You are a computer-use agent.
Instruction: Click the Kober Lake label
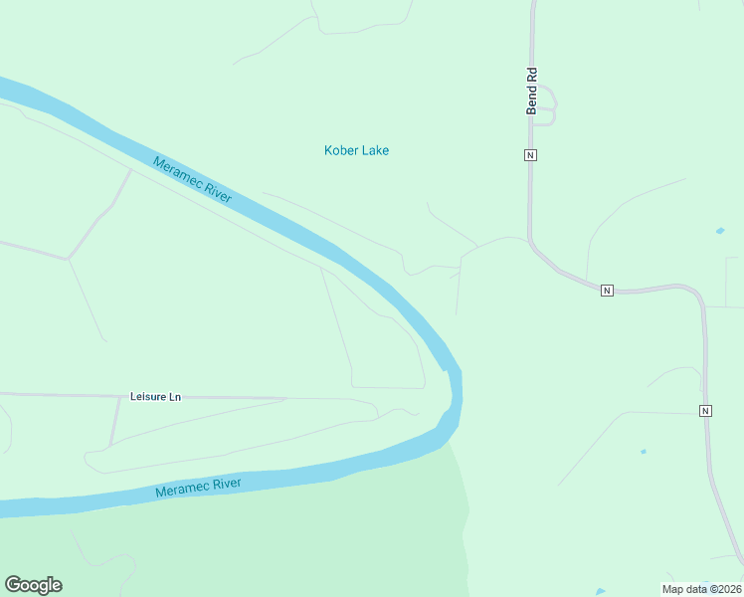click(x=356, y=151)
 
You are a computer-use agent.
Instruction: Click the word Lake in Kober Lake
click(x=374, y=151)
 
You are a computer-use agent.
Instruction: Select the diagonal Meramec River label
click(x=192, y=179)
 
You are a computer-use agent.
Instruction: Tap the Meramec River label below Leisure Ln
click(x=198, y=488)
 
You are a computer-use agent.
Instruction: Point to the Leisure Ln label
click(x=156, y=396)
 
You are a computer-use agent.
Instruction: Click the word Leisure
click(x=148, y=396)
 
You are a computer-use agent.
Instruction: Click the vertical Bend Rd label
click(x=532, y=91)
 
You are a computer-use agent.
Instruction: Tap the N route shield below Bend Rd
click(x=531, y=155)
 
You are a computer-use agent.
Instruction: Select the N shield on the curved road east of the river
click(x=606, y=291)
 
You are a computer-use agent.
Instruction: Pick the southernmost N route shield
click(x=705, y=411)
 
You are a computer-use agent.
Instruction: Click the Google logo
click(x=33, y=585)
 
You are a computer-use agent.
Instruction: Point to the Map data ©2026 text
click(x=701, y=589)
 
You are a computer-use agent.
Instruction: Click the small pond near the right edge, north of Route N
click(x=719, y=232)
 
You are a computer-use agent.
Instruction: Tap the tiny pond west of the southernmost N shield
click(x=644, y=452)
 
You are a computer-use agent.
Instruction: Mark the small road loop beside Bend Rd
click(x=548, y=107)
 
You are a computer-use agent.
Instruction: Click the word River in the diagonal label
click(x=214, y=191)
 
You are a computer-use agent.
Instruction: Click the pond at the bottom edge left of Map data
click(x=599, y=592)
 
